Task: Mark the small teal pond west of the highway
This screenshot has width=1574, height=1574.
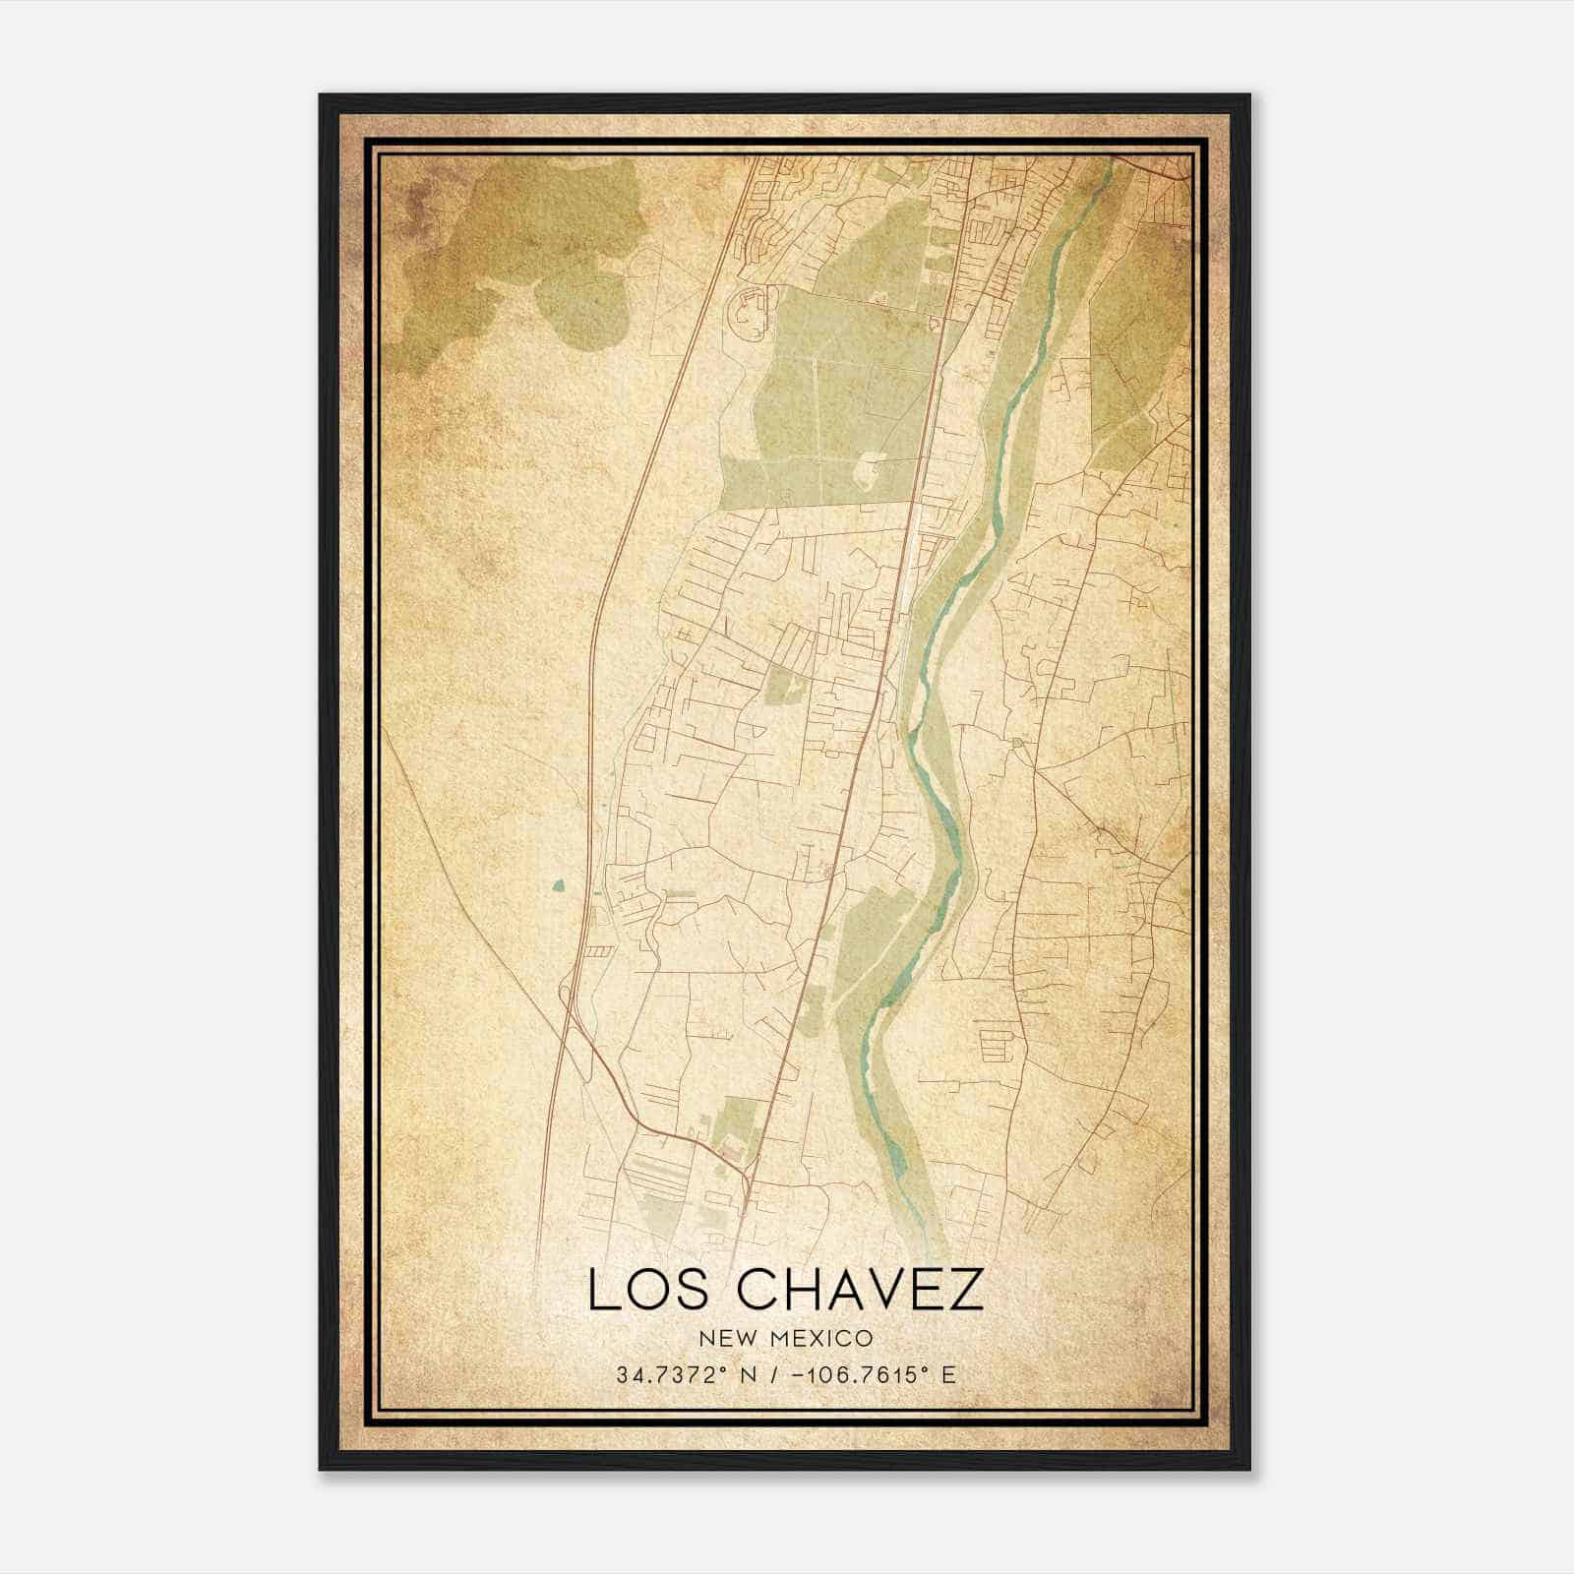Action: (x=559, y=886)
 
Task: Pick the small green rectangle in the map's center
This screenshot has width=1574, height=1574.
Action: (x=783, y=684)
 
